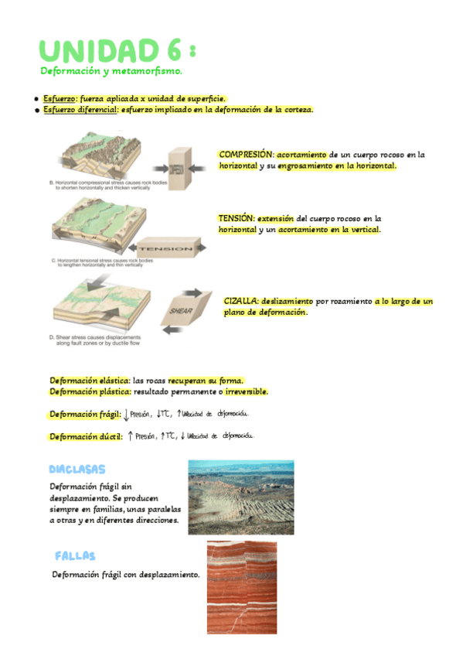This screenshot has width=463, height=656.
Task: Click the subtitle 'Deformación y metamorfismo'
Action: pos(111,71)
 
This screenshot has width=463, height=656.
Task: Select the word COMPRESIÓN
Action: pos(246,155)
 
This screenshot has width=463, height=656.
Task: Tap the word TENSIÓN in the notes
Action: pos(236,219)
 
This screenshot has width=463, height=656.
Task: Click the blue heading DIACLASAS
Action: pos(77,470)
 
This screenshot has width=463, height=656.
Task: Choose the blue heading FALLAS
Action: pos(75,556)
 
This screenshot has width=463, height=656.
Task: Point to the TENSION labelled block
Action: pos(165,249)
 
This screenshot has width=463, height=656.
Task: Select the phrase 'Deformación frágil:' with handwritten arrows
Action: pos(86,415)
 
